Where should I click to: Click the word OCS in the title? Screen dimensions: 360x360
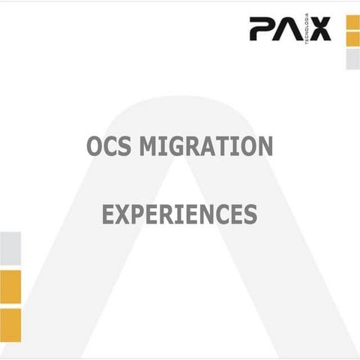(x=108, y=145)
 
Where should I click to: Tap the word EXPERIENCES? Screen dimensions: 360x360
(x=179, y=214)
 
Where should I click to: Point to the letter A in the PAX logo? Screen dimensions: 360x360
(x=290, y=30)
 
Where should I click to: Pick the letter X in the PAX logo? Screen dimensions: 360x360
(x=319, y=30)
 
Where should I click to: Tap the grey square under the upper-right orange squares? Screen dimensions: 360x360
(x=352, y=59)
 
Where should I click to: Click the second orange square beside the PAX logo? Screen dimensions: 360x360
(x=352, y=40)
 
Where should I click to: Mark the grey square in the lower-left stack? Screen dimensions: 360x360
(x=10, y=248)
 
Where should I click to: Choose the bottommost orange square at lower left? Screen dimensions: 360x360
(x=10, y=325)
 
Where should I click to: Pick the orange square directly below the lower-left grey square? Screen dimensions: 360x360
(x=10, y=286)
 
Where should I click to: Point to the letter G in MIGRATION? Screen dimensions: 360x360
(x=175, y=145)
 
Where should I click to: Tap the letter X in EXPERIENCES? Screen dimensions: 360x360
(x=123, y=214)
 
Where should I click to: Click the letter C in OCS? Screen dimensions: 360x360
(x=109, y=145)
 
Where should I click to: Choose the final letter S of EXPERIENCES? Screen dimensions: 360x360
(x=250, y=214)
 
